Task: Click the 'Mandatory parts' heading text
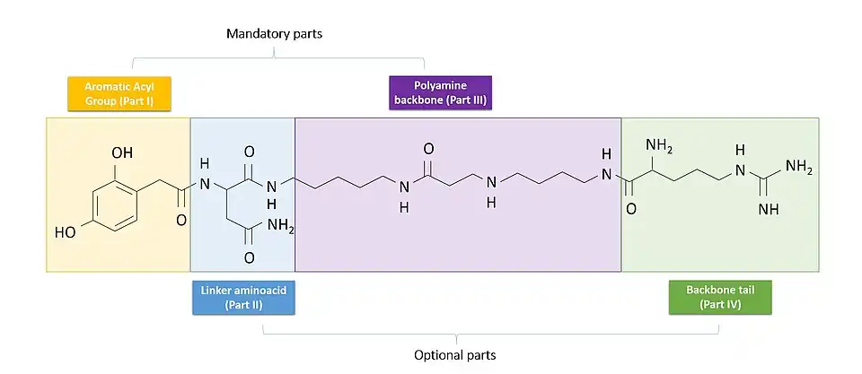tap(274, 34)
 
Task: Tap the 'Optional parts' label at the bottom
tap(454, 355)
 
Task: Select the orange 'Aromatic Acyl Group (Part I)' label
tap(119, 93)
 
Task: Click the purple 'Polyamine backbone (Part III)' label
tap(439, 93)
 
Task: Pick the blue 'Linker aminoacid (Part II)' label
tap(245, 298)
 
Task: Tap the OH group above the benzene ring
tap(122, 153)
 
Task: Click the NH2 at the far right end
tap(798, 167)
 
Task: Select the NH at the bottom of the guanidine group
tap(768, 209)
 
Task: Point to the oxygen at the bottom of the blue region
tap(249, 258)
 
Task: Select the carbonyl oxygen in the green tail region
tap(630, 209)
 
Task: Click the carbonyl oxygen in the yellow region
tap(181, 218)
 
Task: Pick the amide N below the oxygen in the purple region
tap(405, 187)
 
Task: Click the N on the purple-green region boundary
tap(607, 173)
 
